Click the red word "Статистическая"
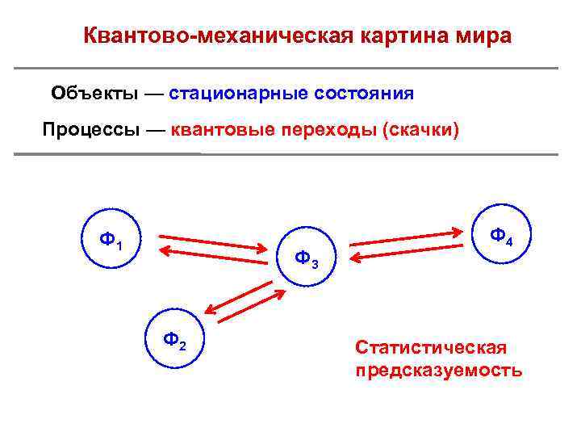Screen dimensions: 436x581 click(430, 347)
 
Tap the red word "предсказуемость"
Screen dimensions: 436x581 click(438, 371)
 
